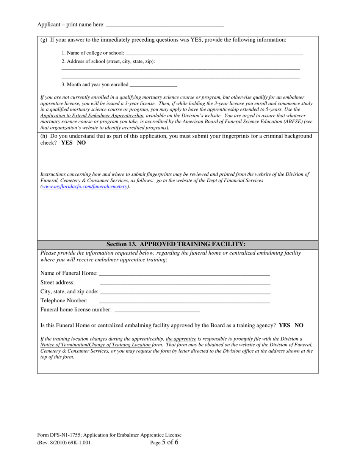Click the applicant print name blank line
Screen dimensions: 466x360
pyautogui.click(x=165, y=25)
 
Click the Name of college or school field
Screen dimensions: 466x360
pyautogui.click(x=214, y=53)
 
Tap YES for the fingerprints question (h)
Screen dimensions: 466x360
pyautogui.click(x=67, y=143)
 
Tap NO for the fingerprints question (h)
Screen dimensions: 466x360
pyautogui.click(x=81, y=143)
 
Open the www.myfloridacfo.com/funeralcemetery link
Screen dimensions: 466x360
pyautogui.click(x=85, y=186)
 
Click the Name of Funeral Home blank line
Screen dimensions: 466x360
pyautogui.click(x=184, y=274)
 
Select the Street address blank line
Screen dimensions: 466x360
pyautogui.click(x=185, y=283)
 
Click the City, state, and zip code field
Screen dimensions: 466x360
pyautogui.click(x=185, y=292)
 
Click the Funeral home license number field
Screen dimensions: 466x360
pyautogui.click(x=157, y=310)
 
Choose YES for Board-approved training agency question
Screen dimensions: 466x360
pyautogui.click(x=284, y=325)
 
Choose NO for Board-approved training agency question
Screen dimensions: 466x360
pyautogui.click(x=299, y=325)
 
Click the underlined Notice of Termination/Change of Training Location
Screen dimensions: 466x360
pyautogui.click(x=95, y=345)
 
